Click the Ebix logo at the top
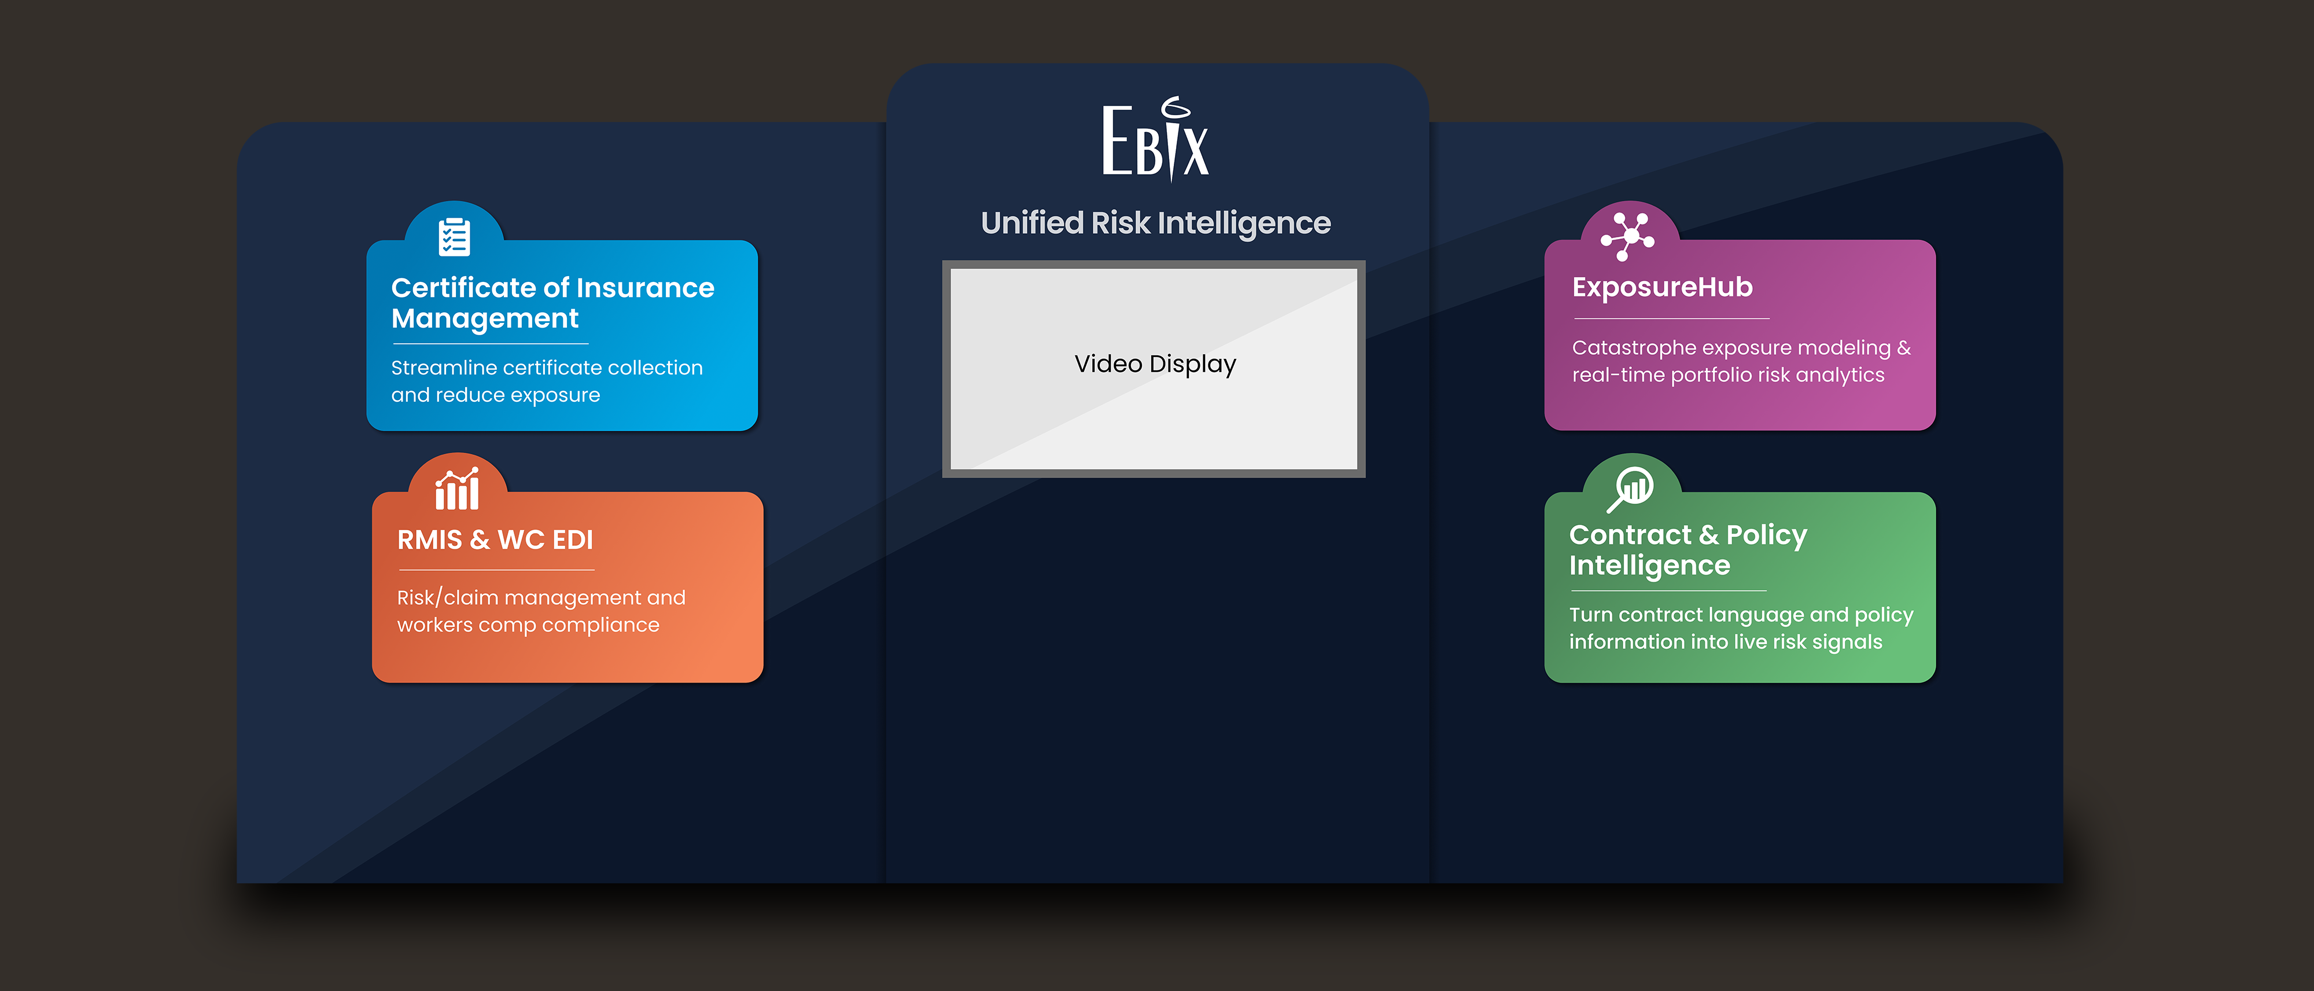click(x=1156, y=140)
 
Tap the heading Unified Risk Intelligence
click(x=1155, y=223)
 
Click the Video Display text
click(x=1155, y=364)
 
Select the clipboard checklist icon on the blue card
click(x=455, y=236)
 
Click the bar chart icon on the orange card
click(x=457, y=488)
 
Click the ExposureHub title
click(x=1663, y=288)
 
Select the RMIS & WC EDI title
click(x=495, y=540)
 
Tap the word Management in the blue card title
click(x=485, y=319)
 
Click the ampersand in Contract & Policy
click(x=1708, y=535)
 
